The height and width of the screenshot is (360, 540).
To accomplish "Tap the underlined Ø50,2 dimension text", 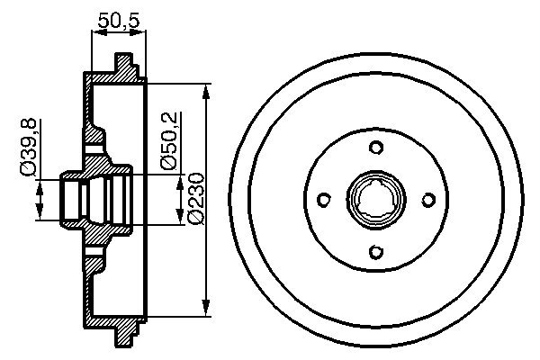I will point(169,140).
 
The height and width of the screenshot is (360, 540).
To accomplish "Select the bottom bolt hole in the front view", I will point(376,252).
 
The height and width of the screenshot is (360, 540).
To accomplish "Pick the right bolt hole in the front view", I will point(428,200).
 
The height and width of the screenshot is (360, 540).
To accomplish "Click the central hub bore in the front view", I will point(376,200).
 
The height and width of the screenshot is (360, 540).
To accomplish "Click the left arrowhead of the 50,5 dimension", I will point(96,32).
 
